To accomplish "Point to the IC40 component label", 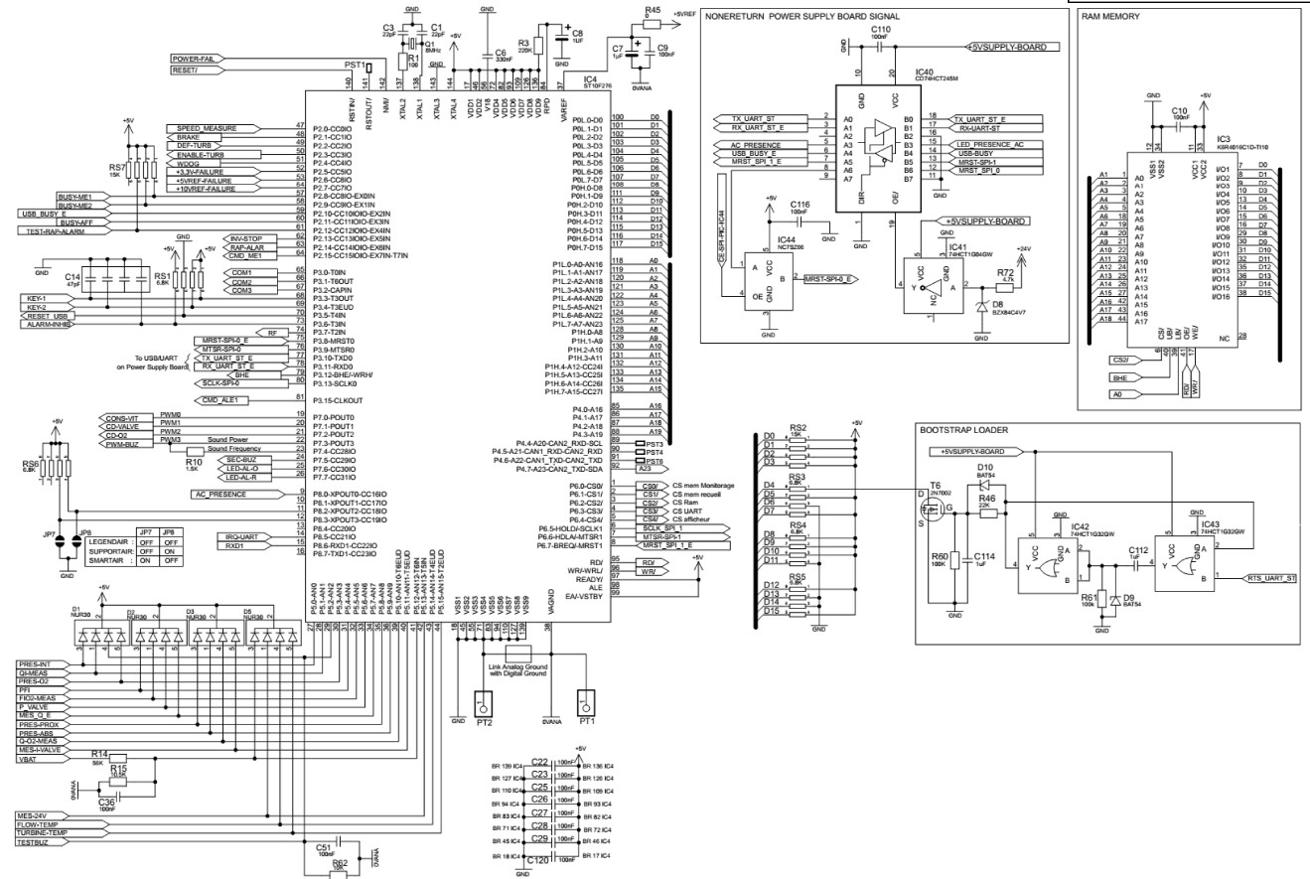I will click(923, 72).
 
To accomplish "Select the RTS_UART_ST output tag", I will click(1270, 577).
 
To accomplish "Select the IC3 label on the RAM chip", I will click(1223, 139).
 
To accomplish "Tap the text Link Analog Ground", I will click(516, 665).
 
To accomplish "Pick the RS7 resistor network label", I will click(117, 168).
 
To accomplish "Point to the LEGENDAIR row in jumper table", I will click(109, 541).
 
